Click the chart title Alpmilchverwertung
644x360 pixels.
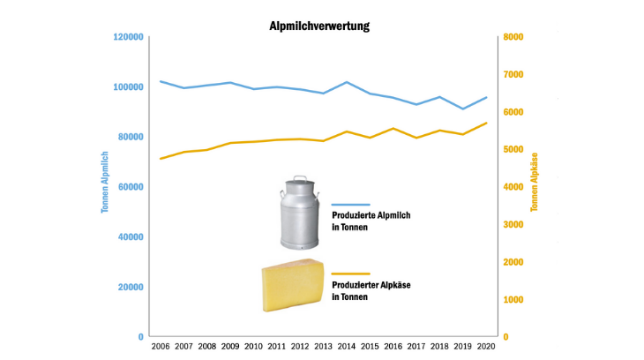point(319,26)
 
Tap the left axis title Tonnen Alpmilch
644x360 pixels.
point(105,184)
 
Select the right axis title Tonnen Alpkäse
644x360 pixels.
point(535,183)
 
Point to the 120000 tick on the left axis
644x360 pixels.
point(127,37)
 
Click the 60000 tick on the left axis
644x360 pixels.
point(130,187)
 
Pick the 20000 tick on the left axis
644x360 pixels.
point(130,287)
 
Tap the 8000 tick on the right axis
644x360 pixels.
point(513,37)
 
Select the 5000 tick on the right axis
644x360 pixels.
point(513,150)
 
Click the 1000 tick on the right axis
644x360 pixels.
point(513,300)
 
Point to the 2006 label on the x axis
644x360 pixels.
point(160,347)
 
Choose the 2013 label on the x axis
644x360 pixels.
point(322,347)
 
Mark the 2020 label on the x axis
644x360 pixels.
point(484,347)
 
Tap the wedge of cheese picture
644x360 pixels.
point(293,286)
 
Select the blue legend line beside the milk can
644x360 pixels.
point(350,204)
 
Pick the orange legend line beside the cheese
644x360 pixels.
point(350,274)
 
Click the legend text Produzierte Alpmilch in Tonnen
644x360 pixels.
point(371,221)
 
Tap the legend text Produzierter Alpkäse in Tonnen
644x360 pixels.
point(371,290)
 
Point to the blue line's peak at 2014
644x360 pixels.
point(346,82)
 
